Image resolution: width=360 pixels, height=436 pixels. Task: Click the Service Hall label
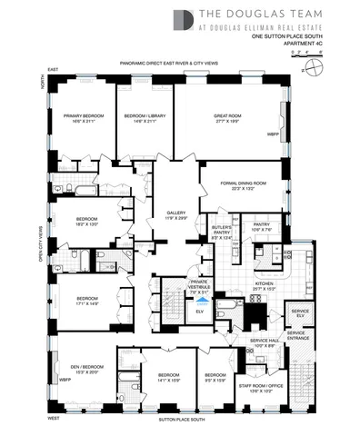[263, 343]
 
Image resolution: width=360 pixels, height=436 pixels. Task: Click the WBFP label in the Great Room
[272, 134]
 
